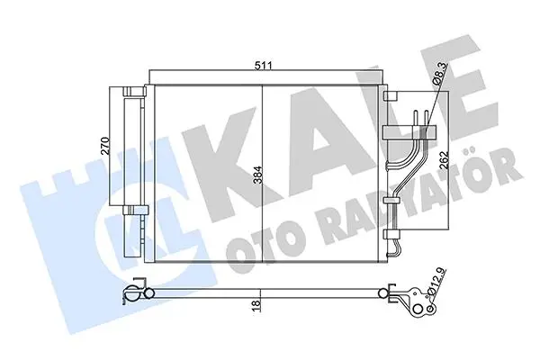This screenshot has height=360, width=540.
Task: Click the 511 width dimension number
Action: pos(264,65)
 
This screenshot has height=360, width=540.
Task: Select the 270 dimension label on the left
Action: pos(105,146)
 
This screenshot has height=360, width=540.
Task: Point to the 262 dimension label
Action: pos(445,159)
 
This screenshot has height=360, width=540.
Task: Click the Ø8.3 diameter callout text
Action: pos(439,72)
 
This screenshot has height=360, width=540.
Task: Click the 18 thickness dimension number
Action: pos(256,306)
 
